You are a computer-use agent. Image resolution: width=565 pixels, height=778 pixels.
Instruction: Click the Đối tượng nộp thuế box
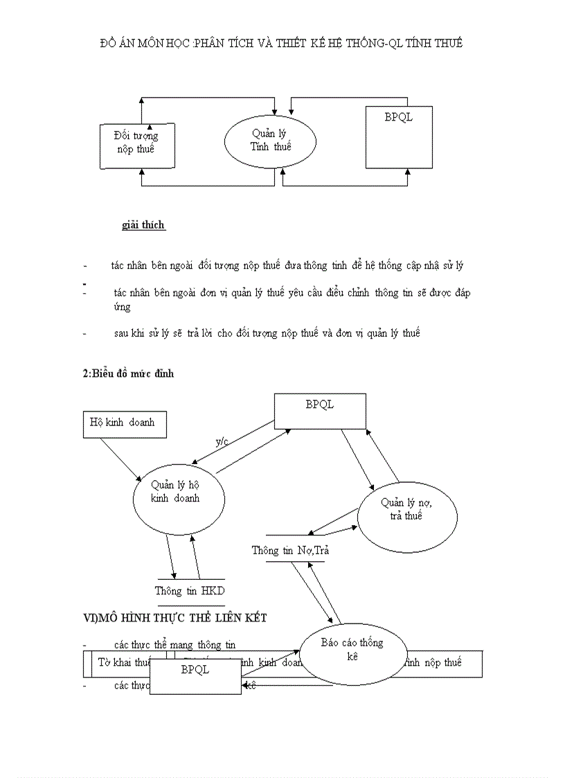(136, 145)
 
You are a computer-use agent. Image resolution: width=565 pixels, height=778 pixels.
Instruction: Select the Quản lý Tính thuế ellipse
(270, 141)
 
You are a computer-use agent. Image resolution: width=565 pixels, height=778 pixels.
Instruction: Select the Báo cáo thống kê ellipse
(352, 651)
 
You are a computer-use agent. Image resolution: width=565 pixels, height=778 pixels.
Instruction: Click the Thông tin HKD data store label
(190, 591)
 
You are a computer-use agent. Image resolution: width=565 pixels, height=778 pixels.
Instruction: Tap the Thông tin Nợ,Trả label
(289, 550)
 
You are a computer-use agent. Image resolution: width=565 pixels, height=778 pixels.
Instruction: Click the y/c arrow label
(222, 442)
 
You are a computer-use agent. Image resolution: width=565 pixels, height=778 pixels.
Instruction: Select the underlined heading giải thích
(143, 225)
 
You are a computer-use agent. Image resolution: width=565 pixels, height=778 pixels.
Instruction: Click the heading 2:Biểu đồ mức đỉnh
(128, 373)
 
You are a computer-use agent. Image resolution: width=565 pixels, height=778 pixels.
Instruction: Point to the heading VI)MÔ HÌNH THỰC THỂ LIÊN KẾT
(174, 617)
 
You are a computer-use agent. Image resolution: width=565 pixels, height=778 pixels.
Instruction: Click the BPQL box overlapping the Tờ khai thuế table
(195, 676)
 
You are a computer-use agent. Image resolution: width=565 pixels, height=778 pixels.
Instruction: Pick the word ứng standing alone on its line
(122, 307)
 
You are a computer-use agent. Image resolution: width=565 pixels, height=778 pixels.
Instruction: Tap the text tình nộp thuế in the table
(433, 663)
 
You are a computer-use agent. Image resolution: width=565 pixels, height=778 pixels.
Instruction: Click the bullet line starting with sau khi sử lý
(267, 333)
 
